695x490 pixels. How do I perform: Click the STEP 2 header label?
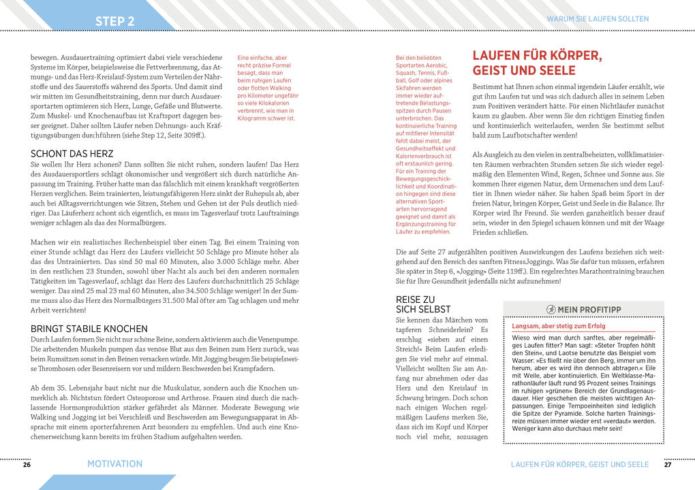pyautogui.click(x=114, y=21)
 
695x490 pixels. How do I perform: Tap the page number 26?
pyautogui.click(x=27, y=464)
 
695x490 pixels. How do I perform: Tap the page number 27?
pyautogui.click(x=668, y=464)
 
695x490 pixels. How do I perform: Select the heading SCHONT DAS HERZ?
pyautogui.click(x=72, y=154)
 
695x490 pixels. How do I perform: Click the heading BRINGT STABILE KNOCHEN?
pyautogui.click(x=89, y=329)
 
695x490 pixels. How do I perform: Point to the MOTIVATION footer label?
pyautogui.click(x=114, y=464)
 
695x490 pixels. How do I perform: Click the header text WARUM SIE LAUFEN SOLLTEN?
pyautogui.click(x=598, y=19)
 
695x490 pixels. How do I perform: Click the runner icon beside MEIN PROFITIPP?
pyautogui.click(x=551, y=310)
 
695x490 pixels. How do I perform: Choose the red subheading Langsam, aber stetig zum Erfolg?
pyautogui.click(x=559, y=326)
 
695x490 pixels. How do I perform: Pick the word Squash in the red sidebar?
pyautogui.click(x=406, y=73)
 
